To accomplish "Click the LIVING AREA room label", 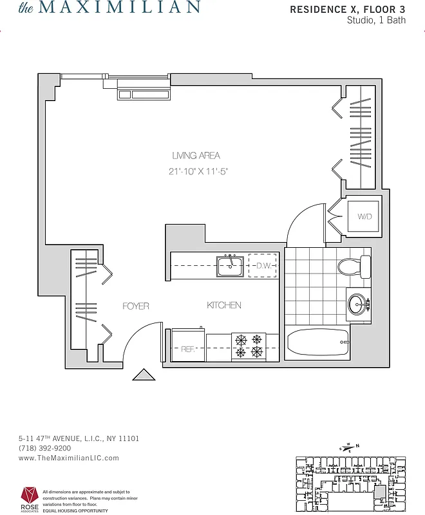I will coord(196,155).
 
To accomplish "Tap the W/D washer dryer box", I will coord(365,217).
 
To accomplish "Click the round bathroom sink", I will coord(358,303).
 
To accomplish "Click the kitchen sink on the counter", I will coord(229,266).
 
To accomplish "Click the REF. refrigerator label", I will coord(188,349).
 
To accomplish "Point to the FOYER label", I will coord(136,306).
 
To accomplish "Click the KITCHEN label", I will coord(224,305).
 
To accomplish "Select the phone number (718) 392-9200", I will coord(44,448).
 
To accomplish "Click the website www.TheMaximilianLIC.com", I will coord(69,458).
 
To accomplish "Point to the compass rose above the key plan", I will coord(350,447).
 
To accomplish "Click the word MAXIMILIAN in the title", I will coord(120,8).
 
